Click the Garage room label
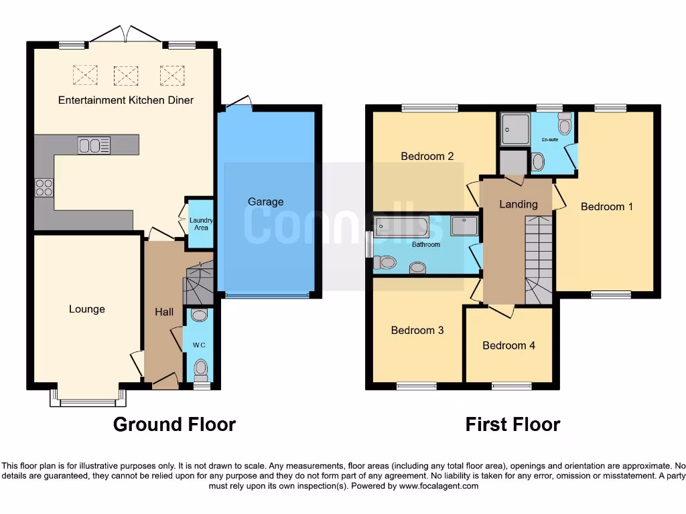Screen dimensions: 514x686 tap(266, 201)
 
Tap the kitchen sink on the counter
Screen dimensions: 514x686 tap(94, 145)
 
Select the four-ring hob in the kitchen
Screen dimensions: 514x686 tap(44, 187)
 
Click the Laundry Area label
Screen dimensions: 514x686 tap(199, 224)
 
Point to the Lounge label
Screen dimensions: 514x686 tap(87, 309)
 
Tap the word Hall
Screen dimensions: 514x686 tap(164, 312)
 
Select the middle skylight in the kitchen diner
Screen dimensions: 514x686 tap(125, 75)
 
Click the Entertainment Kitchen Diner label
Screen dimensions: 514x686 tap(126, 100)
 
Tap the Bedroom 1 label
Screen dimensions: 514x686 tap(606, 207)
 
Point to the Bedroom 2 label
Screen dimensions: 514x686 tap(427, 156)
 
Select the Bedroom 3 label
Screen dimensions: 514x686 tap(417, 330)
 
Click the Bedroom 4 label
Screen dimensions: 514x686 tap(509, 345)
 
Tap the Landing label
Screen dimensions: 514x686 tap(519, 204)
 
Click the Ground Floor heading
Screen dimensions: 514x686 tap(174, 424)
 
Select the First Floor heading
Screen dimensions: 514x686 tap(512, 424)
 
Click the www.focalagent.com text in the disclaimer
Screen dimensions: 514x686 tap(438, 486)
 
